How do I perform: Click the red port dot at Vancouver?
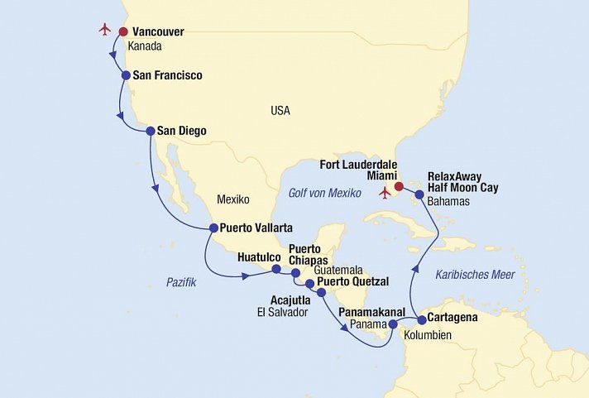tap(123, 32)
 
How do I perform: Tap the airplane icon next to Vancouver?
tap(104, 30)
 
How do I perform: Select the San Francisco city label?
tap(167, 75)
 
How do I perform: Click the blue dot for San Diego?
tap(151, 131)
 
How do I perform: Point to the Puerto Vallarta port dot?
tap(213, 228)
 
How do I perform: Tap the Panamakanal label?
tap(371, 312)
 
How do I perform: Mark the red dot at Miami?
tap(399, 186)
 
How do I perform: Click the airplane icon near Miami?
tap(384, 193)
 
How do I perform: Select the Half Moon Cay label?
tap(463, 188)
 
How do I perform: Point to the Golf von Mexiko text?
tap(325, 193)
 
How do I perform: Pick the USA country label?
tap(280, 110)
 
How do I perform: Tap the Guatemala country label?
tap(338, 270)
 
